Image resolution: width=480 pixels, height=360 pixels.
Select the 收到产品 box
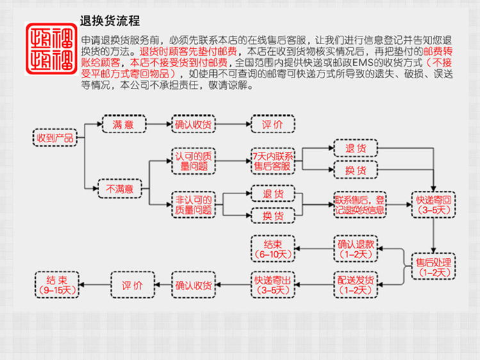click(x=55, y=138)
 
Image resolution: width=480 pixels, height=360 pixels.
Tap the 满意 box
click(x=124, y=124)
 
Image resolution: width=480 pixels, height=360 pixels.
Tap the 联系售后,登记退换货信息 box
click(x=360, y=204)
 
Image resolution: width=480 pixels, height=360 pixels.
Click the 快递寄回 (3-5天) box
click(x=435, y=204)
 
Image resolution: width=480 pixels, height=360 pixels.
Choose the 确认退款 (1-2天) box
click(x=355, y=248)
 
